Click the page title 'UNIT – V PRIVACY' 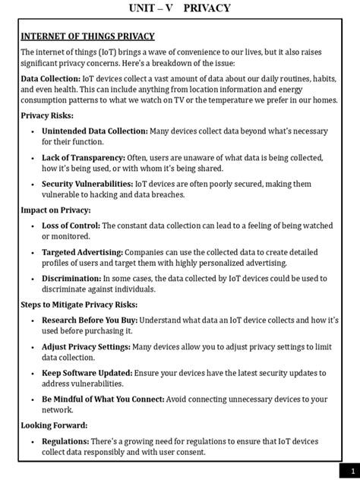pos(180,8)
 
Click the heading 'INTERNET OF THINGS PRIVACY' pos(87,36)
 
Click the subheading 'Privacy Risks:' pos(48,115)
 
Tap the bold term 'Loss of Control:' pos(71,226)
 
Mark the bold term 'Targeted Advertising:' pos(82,251)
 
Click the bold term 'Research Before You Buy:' pos(90,320)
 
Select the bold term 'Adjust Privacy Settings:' pos(87,346)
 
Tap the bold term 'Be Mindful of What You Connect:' pos(102,399)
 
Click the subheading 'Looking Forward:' pos(54,425)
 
